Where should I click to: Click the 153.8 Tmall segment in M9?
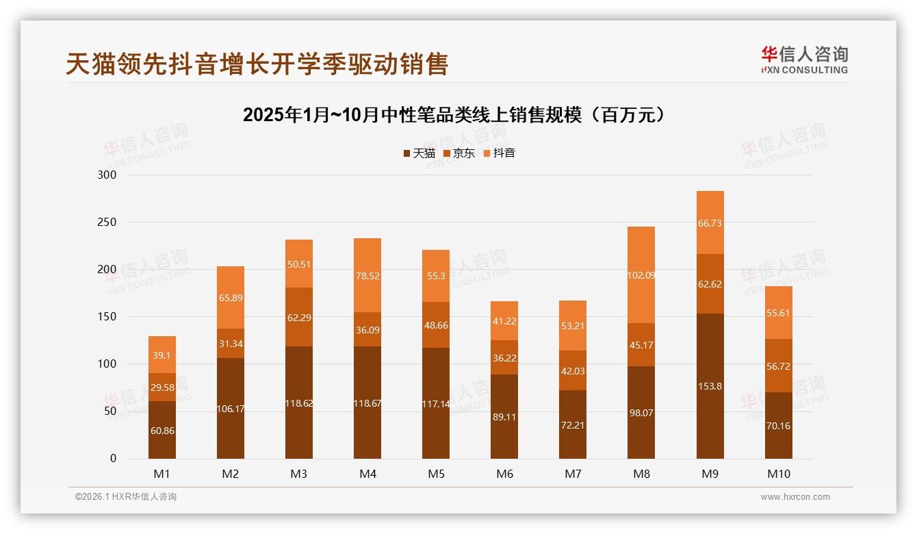(x=710, y=386)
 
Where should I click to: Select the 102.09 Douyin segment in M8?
(x=641, y=275)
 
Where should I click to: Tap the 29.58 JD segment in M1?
(x=162, y=387)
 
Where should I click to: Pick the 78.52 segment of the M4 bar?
(x=367, y=276)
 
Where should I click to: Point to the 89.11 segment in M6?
(x=504, y=416)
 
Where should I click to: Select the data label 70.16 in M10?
(x=778, y=426)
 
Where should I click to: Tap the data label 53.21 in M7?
(x=573, y=326)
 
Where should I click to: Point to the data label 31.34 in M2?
(x=231, y=344)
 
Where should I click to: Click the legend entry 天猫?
(x=419, y=153)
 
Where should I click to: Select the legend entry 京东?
(x=458, y=153)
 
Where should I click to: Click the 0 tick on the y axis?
(x=114, y=459)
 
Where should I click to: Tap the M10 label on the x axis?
(x=778, y=474)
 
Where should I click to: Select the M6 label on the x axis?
(x=504, y=474)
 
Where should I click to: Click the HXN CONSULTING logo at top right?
(x=804, y=60)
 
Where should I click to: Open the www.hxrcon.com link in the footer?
(x=795, y=497)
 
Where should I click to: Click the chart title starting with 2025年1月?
(x=454, y=115)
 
